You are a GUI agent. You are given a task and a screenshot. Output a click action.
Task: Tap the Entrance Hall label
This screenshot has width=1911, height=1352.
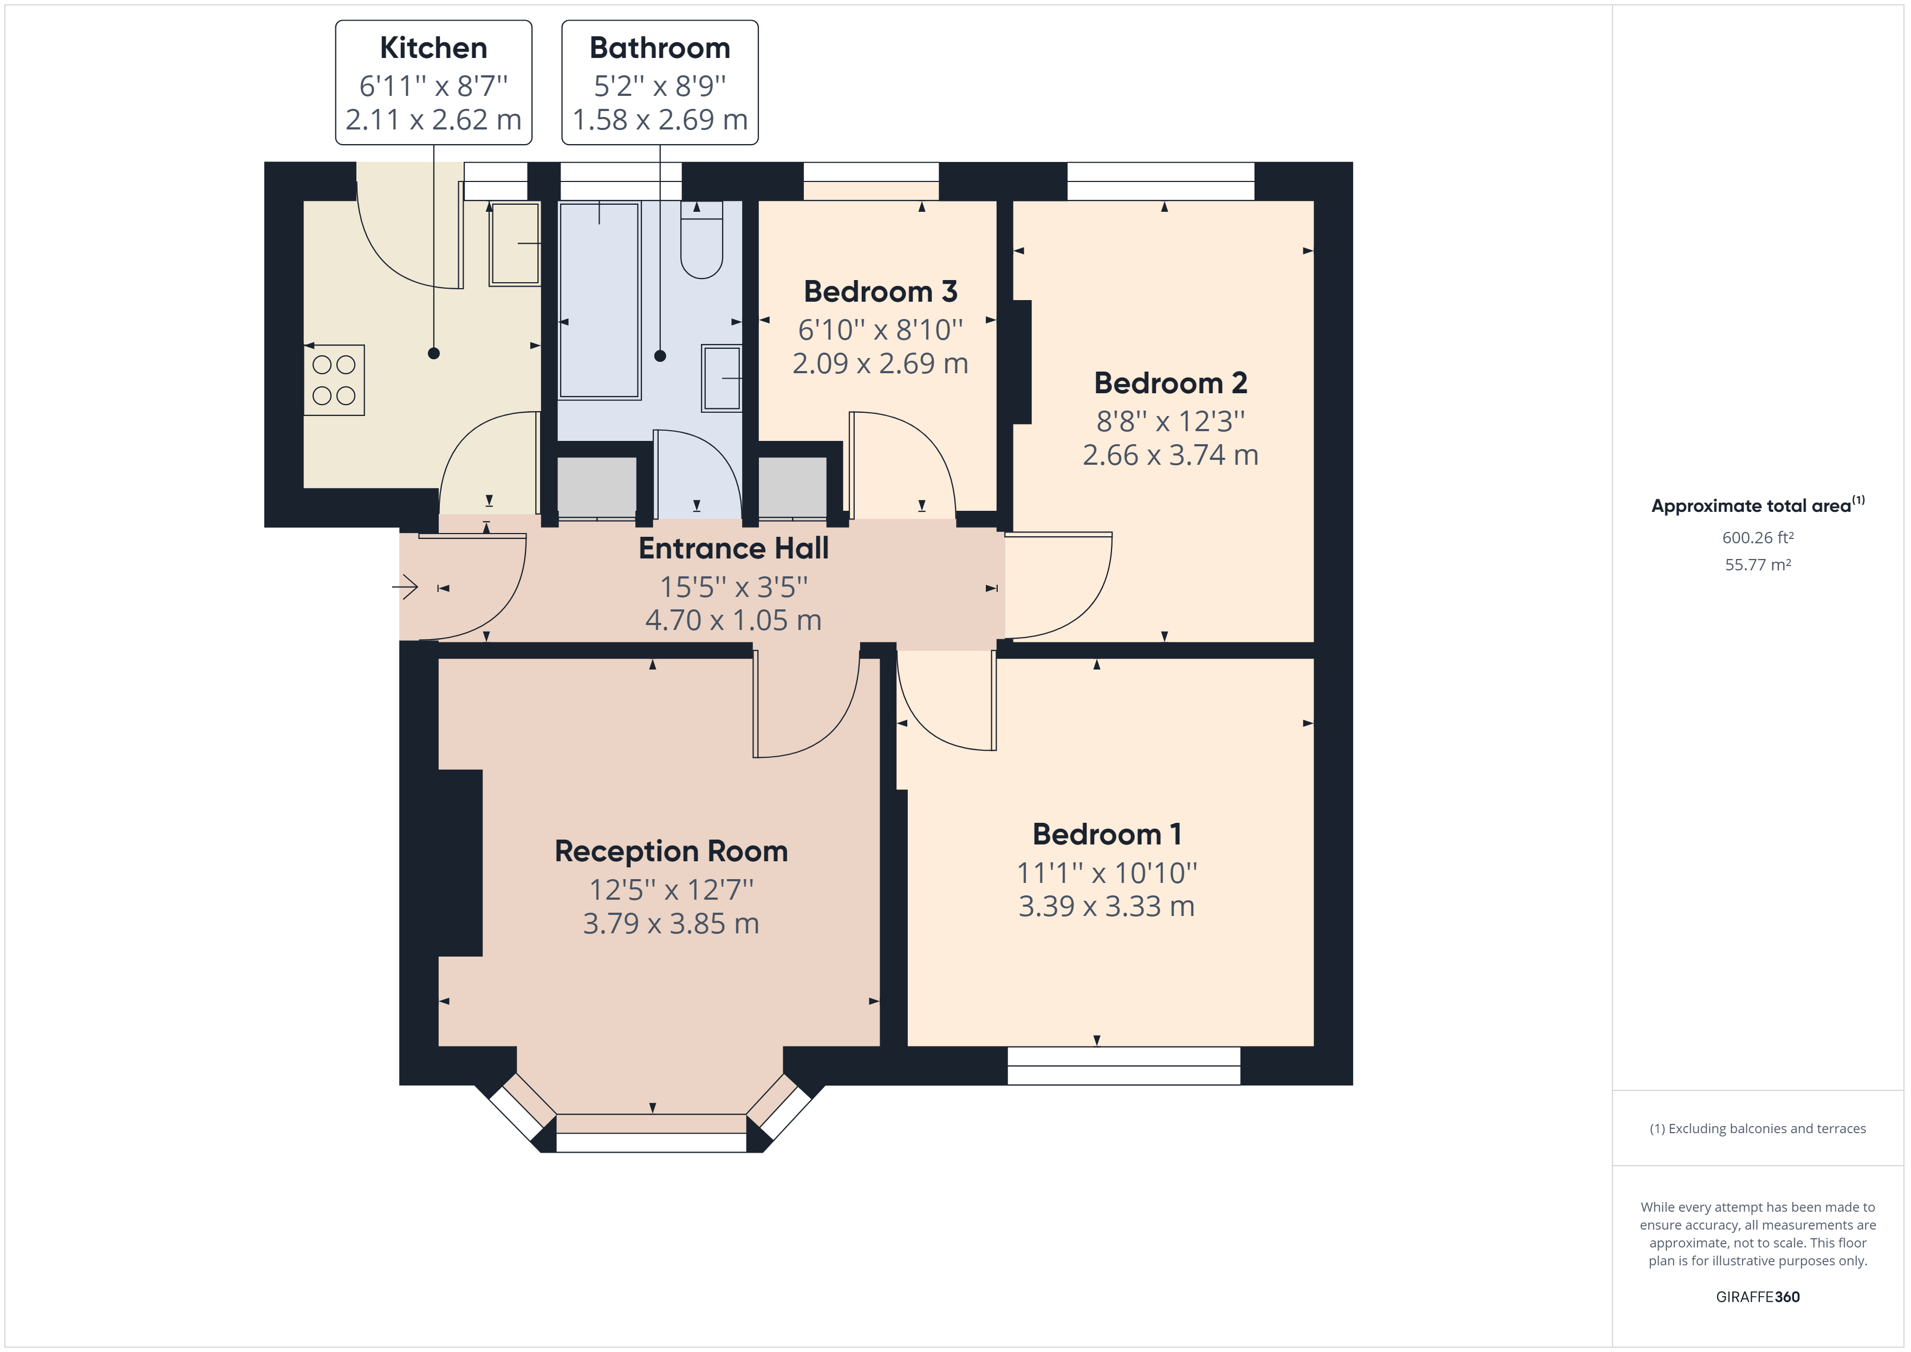(x=733, y=549)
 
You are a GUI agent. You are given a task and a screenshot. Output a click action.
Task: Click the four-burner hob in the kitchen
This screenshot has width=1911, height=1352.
(x=334, y=380)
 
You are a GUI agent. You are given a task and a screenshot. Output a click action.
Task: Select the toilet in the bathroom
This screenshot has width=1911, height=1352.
(x=701, y=240)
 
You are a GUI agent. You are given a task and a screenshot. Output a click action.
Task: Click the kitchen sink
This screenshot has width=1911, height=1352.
(x=515, y=244)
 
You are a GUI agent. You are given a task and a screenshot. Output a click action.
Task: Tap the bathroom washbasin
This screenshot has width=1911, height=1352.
(x=721, y=378)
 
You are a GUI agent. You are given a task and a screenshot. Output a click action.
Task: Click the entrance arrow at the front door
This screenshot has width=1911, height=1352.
(x=405, y=588)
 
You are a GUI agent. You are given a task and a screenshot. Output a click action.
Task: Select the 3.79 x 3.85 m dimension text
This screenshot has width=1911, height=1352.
(x=671, y=923)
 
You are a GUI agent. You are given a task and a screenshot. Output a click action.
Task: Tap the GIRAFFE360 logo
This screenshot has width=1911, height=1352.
(x=1758, y=1297)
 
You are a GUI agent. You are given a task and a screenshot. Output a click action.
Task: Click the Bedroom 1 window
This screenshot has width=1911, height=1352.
(x=1123, y=1065)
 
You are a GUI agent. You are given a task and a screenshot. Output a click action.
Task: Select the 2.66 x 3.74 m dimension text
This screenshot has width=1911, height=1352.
(x=1170, y=454)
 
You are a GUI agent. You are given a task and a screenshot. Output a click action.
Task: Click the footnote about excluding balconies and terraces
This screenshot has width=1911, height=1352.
(x=1758, y=1129)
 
